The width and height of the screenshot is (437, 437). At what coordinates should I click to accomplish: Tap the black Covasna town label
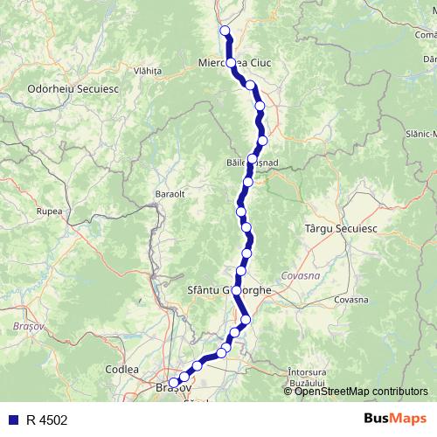[351, 300]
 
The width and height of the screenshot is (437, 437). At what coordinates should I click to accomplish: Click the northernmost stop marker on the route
[225, 31]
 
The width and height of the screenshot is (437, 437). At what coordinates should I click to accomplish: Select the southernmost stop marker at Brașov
[174, 382]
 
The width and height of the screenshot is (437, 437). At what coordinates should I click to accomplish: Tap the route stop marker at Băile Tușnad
[253, 159]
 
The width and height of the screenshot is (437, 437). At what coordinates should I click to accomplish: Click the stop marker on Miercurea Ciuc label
[232, 63]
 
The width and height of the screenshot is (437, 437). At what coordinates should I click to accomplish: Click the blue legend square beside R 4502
[12, 420]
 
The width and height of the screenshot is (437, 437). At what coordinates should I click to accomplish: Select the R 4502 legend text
[46, 420]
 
